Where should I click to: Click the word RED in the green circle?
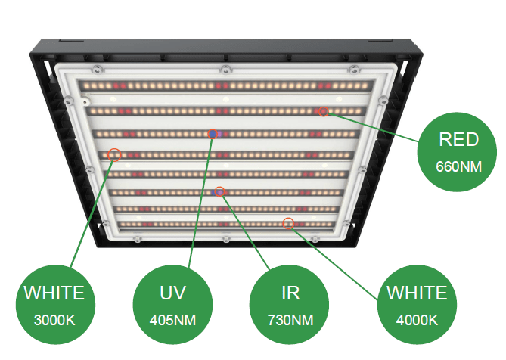tap(458, 139)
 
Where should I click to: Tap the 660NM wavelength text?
tap(458, 166)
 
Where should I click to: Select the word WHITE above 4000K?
tap(417, 293)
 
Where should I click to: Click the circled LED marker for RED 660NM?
tap(324, 112)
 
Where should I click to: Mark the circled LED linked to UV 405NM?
tap(214, 134)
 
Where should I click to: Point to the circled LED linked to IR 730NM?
tap(219, 192)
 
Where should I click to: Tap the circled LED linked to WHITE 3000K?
tap(114, 154)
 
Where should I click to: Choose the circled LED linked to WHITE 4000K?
tap(287, 223)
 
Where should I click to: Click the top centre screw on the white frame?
tap(225, 70)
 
